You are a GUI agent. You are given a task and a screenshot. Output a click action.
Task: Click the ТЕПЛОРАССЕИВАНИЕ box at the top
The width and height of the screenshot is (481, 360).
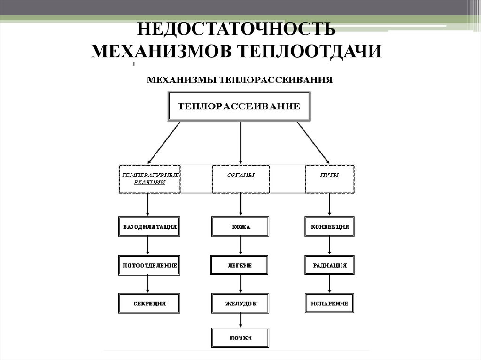point(240,107)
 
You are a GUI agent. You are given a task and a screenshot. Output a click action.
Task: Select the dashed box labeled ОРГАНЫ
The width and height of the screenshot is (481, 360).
point(240,178)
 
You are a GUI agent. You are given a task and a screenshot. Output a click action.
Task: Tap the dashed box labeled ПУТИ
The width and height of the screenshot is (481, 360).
point(329,178)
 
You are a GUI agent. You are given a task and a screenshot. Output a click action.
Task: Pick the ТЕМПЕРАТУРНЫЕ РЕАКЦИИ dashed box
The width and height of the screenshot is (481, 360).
point(149,178)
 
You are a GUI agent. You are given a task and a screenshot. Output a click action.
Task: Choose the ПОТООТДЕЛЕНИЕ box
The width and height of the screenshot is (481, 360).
point(148,265)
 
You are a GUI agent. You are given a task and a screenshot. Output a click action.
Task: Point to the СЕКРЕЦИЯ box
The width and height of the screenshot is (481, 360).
point(148,303)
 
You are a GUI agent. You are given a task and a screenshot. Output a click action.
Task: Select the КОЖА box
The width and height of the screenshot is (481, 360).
point(240,226)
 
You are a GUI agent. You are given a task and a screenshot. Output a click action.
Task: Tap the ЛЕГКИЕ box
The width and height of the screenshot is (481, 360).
point(240,265)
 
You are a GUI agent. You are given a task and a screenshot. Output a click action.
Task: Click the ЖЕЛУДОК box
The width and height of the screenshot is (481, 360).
point(240,303)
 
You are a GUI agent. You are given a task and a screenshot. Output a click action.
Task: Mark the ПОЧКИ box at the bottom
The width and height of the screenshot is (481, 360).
point(240,337)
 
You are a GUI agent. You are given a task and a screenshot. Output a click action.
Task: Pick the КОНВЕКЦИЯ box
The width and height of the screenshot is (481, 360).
point(329,226)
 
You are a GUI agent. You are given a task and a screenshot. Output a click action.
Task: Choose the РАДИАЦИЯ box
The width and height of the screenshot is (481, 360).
point(329,265)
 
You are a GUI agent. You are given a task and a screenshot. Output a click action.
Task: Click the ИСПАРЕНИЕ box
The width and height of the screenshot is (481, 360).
point(329,303)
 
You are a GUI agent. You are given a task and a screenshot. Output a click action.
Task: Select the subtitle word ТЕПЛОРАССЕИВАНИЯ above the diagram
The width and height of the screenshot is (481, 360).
point(276,80)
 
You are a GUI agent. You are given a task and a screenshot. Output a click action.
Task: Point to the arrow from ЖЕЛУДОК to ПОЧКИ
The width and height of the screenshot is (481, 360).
point(240,321)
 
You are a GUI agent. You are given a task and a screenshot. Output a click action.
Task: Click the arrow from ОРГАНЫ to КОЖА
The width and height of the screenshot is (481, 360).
point(240,204)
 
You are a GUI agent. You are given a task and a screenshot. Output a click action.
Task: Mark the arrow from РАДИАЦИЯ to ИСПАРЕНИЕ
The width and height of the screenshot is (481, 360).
point(329,284)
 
